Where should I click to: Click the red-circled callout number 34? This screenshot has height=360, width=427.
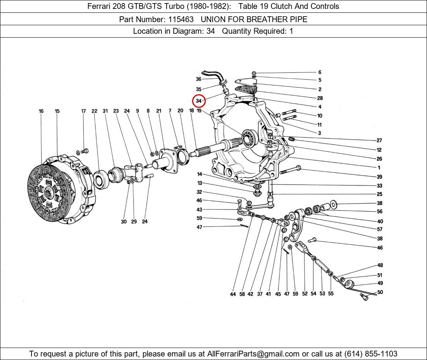[199, 101]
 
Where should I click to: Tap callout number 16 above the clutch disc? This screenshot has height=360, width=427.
[41, 111]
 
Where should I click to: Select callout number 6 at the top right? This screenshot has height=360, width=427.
[320, 72]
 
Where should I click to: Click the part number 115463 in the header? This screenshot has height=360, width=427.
[181, 19]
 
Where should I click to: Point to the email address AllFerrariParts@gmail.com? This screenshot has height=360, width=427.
[253, 354]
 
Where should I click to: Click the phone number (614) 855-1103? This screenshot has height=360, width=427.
[371, 354]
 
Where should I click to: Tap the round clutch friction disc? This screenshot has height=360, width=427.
[48, 192]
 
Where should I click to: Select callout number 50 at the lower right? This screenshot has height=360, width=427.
[380, 292]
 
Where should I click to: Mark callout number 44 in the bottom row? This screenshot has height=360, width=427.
[233, 294]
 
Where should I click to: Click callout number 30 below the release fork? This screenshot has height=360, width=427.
[124, 222]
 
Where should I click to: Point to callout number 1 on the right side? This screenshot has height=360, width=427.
[379, 168]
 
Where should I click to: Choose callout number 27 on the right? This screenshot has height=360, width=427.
[379, 140]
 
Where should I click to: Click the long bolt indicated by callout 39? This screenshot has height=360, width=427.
[290, 170]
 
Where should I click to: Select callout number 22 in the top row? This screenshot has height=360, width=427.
[94, 111]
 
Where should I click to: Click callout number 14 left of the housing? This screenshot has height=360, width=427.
[200, 174]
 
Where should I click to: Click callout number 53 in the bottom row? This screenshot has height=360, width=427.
[323, 294]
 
